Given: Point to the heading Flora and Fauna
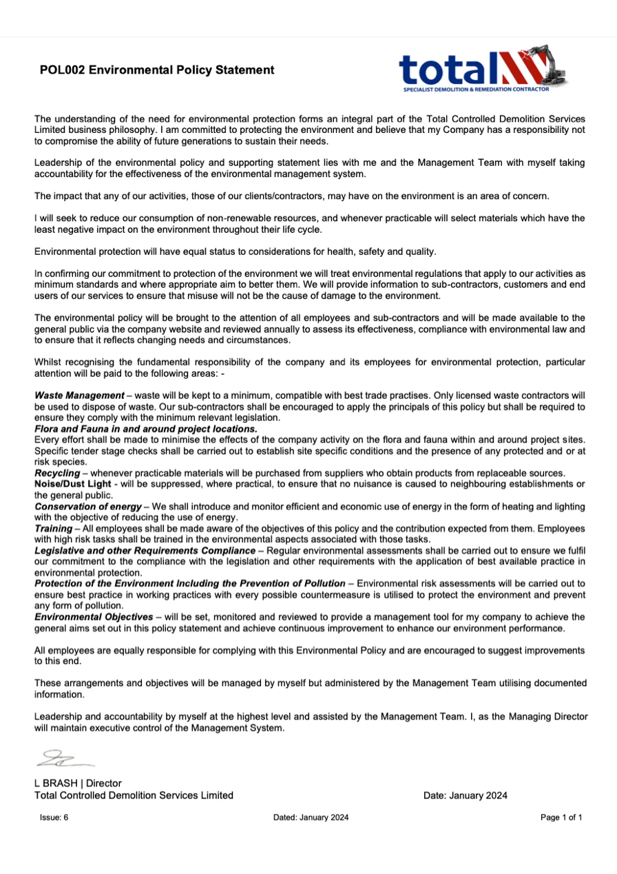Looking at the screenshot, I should (146, 428).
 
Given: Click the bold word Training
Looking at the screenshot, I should (53, 528).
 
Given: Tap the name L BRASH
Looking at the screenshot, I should (59, 783).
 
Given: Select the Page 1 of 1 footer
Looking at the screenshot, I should (562, 818).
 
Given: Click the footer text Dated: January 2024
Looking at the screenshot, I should (311, 818).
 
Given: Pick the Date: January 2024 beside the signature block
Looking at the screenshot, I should (466, 795).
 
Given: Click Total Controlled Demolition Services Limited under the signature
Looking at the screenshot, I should (134, 795).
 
